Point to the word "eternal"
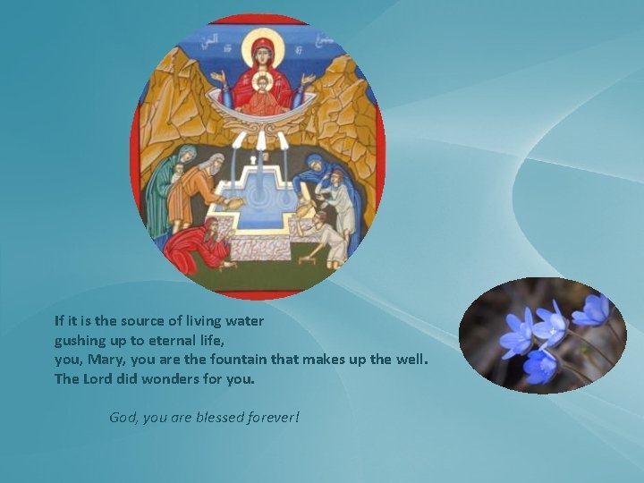[157, 340]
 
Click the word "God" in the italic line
[123, 418]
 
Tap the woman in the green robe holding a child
[164, 183]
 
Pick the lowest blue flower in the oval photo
[539, 365]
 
